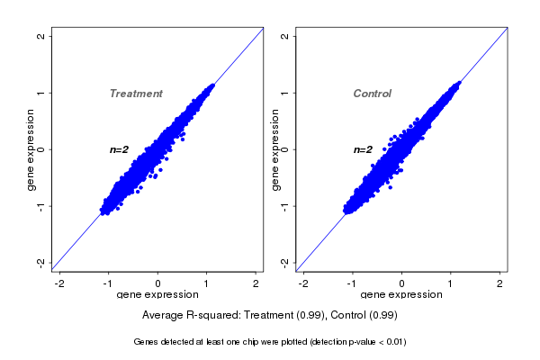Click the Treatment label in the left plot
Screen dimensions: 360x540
tap(136, 94)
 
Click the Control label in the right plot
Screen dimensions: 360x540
tap(373, 94)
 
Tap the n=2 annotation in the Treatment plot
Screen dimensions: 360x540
tap(120, 149)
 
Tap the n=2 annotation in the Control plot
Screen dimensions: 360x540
tap(363, 149)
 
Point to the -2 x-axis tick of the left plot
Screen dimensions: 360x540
tap(59, 283)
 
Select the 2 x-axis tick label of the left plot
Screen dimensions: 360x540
tap(256, 283)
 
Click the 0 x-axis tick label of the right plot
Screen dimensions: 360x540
tap(402, 283)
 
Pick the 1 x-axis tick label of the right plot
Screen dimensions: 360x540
tap(452, 283)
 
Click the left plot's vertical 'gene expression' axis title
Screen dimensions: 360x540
tap(31, 149)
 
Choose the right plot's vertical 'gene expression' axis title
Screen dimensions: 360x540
tap(275, 149)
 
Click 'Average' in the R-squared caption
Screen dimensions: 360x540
tap(164, 315)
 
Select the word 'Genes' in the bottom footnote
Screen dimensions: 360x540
tap(147, 342)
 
